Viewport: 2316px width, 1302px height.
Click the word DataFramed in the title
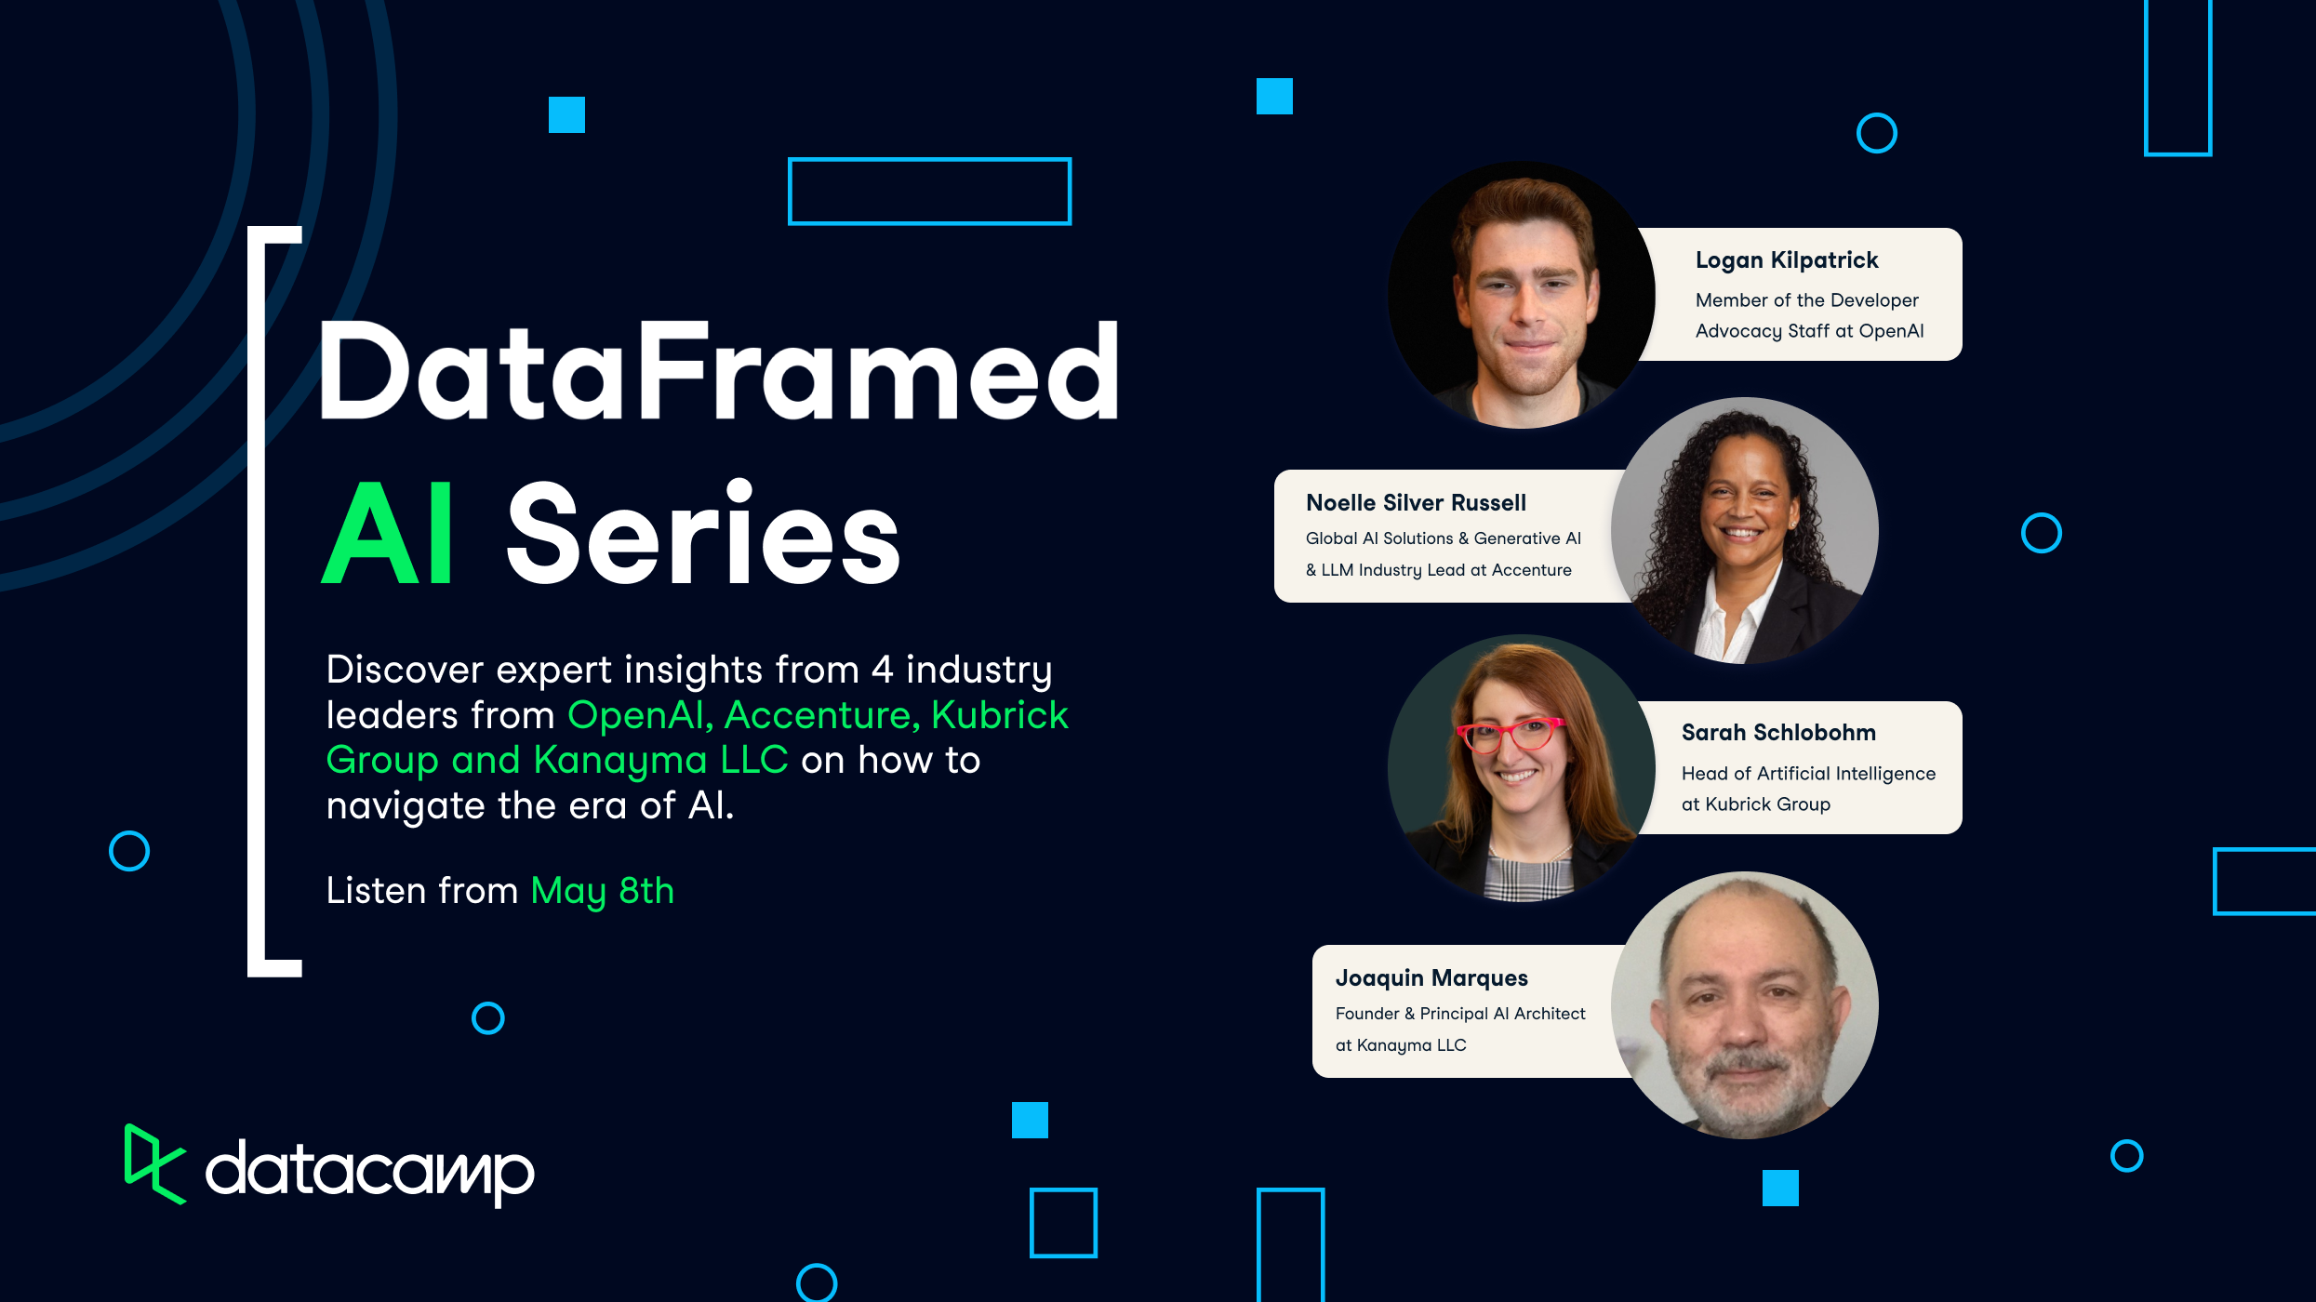718,372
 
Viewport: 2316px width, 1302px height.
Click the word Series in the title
703,535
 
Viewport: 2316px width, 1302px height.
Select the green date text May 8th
602,891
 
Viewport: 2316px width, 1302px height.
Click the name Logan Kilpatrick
1786,260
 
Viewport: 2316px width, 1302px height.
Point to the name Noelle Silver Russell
1416,503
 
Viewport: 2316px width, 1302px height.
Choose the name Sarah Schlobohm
1777,733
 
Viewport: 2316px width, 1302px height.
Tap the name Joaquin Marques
1431,978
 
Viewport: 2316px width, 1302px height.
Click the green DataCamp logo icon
153,1163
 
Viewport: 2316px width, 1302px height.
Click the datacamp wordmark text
369,1171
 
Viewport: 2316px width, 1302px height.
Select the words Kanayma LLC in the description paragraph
660,761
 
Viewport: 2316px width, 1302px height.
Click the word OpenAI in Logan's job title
1891,331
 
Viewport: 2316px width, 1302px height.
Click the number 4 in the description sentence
882,670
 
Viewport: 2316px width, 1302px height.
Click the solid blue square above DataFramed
566,115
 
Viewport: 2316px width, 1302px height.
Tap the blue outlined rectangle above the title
929,192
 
